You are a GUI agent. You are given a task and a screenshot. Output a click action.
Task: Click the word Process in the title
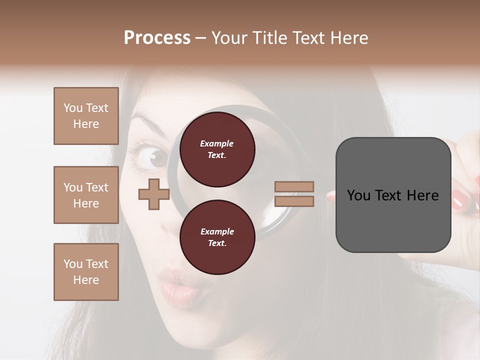(x=157, y=38)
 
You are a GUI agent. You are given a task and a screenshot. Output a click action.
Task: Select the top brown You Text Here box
(x=86, y=116)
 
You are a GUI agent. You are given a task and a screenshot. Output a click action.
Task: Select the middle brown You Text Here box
(x=86, y=195)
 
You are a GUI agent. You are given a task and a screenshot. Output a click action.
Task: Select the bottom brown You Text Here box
(x=86, y=271)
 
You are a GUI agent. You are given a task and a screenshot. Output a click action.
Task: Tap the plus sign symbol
(x=154, y=194)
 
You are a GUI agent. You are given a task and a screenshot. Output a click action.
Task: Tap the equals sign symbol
(x=294, y=194)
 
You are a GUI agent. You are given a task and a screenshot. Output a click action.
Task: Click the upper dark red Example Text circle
(x=217, y=149)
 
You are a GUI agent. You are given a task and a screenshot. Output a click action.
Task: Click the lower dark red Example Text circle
(x=217, y=237)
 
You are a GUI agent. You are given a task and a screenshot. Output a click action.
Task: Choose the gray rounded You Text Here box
(x=393, y=195)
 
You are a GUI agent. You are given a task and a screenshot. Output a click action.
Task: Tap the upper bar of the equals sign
(x=294, y=187)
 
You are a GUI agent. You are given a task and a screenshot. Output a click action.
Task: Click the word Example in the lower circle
(x=217, y=231)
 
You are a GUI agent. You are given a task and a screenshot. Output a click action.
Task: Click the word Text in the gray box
(x=393, y=195)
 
